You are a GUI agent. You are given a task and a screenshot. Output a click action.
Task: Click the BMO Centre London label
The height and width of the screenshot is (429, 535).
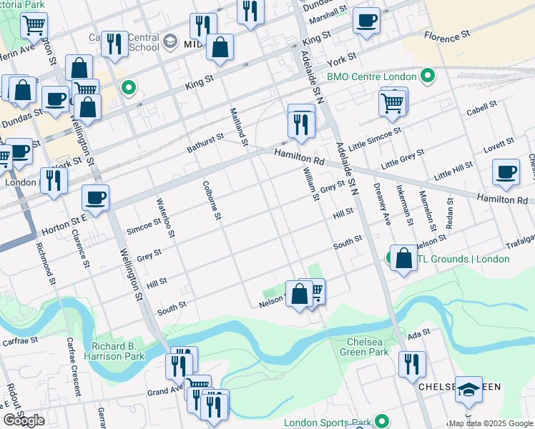(x=371, y=77)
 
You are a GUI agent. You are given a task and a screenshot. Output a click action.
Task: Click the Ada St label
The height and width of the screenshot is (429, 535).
(x=418, y=332)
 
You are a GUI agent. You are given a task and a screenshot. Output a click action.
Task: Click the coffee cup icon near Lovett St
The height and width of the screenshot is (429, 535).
(x=506, y=172)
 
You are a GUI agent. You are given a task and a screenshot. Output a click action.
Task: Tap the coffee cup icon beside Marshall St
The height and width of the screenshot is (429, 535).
(x=366, y=21)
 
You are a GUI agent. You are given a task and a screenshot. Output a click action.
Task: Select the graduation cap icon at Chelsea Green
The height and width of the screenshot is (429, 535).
(x=468, y=389)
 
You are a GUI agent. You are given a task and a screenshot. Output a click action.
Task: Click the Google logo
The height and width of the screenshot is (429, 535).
(x=24, y=420)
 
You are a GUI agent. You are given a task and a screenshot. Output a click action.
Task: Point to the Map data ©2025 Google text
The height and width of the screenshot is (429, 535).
(x=491, y=423)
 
